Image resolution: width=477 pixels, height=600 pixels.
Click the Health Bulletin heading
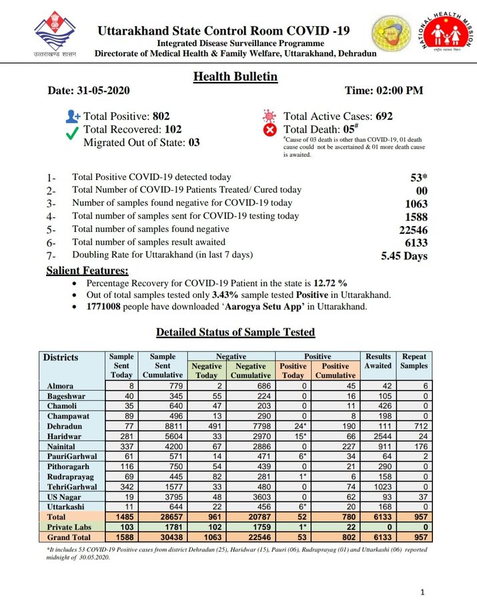click(235, 77)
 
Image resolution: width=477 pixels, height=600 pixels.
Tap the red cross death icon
click(270, 130)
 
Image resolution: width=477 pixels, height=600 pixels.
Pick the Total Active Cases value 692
click(384, 116)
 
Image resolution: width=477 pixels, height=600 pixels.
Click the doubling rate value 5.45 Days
click(404, 255)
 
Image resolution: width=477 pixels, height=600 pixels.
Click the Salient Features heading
click(87, 271)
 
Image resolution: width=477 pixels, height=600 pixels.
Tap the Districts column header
click(61, 357)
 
